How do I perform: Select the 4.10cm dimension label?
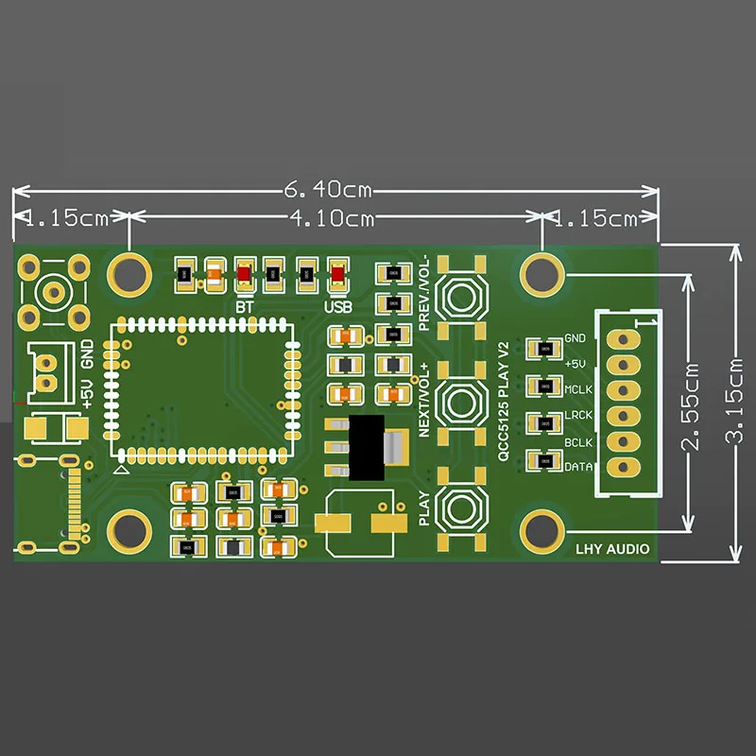330,219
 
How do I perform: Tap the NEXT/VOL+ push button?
464,403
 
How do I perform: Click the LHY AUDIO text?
612,548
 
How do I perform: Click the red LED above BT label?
245,275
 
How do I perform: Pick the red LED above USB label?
337,275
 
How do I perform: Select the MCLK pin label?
577,389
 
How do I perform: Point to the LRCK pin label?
577,415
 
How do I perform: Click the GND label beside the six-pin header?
575,338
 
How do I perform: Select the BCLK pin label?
577,441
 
